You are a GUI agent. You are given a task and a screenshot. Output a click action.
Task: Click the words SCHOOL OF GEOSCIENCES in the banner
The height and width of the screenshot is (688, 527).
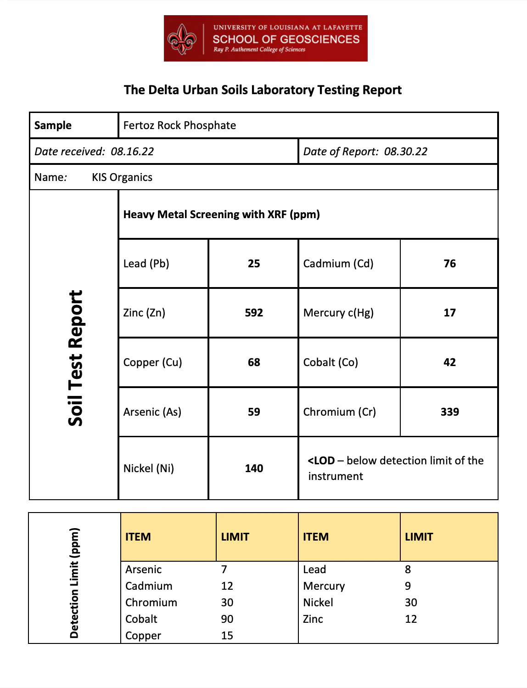click(286, 39)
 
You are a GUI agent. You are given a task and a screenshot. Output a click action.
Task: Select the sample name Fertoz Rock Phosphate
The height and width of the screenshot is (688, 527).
click(179, 125)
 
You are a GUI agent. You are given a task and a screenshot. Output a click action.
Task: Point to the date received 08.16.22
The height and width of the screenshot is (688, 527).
click(132, 152)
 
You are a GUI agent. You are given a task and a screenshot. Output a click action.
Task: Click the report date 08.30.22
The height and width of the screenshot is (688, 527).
click(405, 152)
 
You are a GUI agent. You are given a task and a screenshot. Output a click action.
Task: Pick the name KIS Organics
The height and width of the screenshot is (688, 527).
click(122, 177)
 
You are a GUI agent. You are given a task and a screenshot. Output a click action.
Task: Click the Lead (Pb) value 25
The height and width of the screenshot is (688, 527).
click(254, 264)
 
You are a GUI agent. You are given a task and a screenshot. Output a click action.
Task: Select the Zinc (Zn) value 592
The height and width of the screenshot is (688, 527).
click(254, 313)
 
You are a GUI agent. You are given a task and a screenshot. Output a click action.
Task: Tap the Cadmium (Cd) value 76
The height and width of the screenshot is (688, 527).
click(449, 264)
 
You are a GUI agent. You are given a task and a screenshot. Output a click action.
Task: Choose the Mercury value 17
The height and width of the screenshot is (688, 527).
click(449, 313)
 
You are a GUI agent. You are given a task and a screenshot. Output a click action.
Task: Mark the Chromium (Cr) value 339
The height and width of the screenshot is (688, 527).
click(449, 412)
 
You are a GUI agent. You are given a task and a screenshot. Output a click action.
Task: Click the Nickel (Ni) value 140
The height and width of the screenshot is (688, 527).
click(254, 468)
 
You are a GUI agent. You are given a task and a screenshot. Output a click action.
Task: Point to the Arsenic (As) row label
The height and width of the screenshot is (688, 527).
click(152, 412)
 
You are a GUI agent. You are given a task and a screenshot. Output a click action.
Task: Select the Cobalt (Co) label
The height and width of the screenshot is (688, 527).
click(331, 362)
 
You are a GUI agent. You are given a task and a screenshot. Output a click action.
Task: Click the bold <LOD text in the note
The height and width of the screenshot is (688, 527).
click(321, 461)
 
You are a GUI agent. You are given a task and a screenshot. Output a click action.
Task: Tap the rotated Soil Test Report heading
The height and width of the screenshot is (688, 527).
click(76, 358)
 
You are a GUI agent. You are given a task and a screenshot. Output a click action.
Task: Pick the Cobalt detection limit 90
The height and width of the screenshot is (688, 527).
click(227, 619)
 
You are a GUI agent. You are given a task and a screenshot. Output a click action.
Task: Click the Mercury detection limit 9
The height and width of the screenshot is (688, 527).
click(408, 586)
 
